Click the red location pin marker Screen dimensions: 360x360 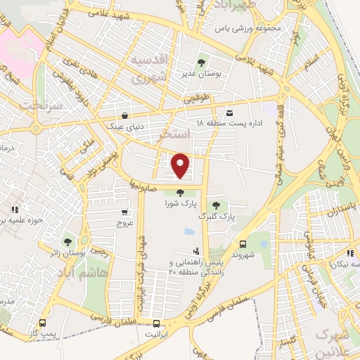click(181, 165)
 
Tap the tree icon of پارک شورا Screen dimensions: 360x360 click(180, 193)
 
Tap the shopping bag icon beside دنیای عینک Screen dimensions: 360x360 click(124, 116)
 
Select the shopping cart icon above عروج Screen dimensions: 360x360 click(124, 212)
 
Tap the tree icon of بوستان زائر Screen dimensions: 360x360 click(68, 242)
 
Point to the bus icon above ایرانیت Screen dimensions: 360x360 click(156, 324)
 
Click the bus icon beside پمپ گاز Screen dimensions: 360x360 click(44, 324)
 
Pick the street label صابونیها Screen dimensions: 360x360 click(142, 186)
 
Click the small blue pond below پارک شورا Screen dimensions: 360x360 click(188, 231)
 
